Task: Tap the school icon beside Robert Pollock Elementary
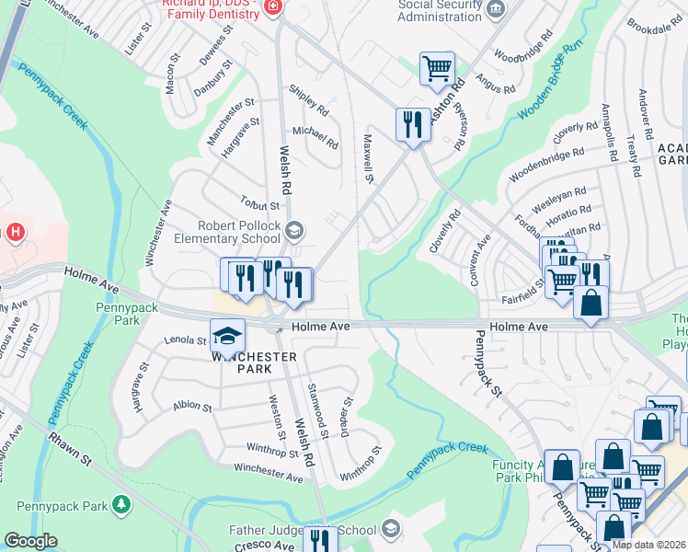[296, 229]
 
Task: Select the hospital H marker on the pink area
[14, 232]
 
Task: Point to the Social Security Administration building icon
[496, 10]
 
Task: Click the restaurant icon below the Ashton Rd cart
[411, 123]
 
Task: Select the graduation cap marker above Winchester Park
[227, 335]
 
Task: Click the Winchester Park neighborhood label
[243, 362]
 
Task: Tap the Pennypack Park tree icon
[120, 504]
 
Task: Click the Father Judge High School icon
[391, 528]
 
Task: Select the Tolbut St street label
[259, 205]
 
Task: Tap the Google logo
[30, 541]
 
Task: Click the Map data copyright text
[649, 545]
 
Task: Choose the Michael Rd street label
[315, 137]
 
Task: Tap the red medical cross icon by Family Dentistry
[272, 8]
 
